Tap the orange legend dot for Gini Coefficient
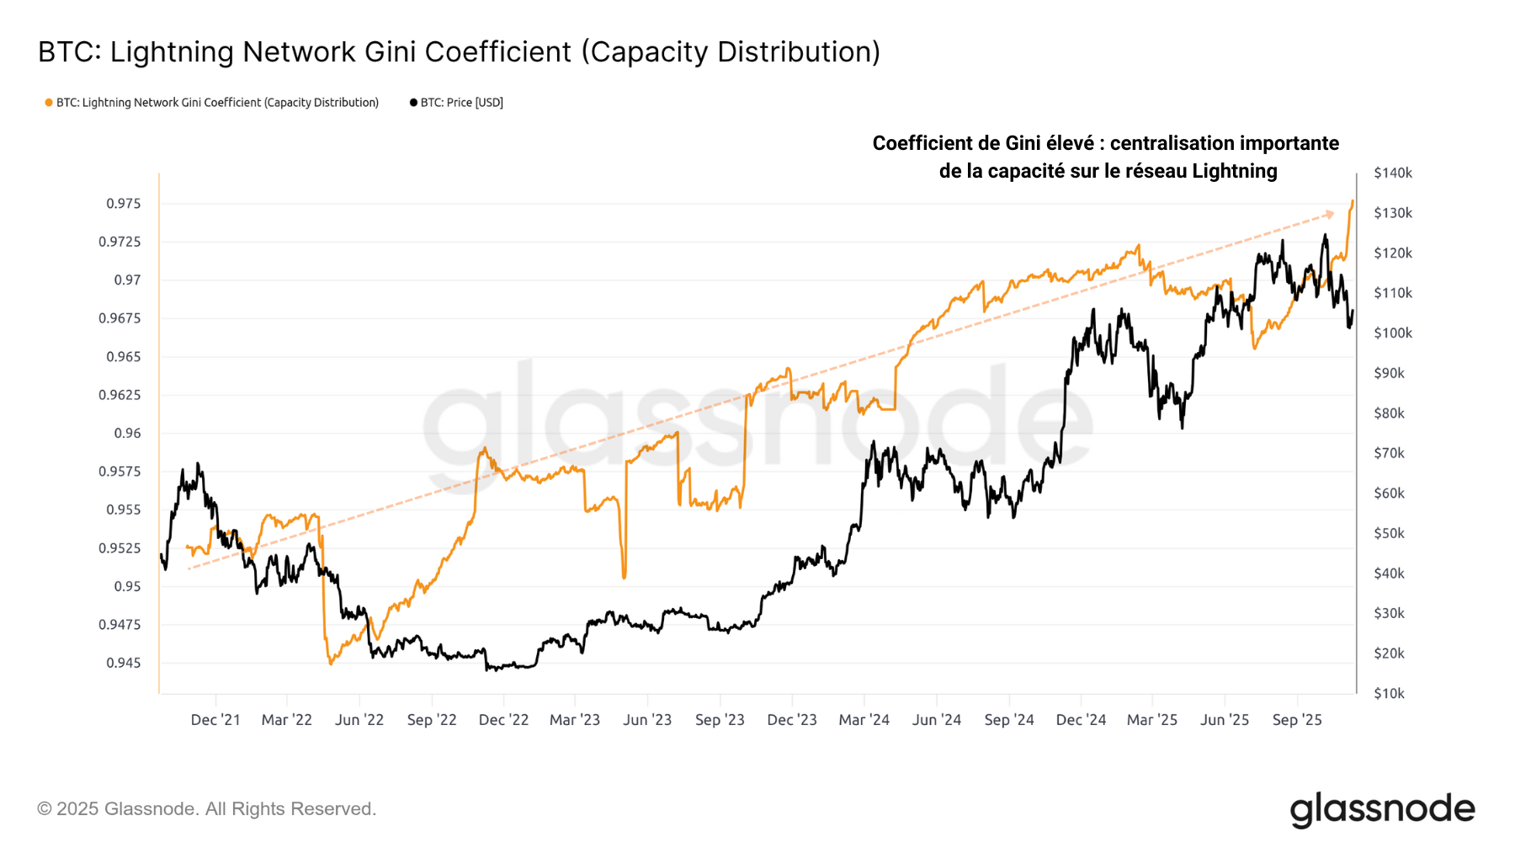(49, 103)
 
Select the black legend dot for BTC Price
(413, 103)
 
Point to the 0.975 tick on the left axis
(124, 204)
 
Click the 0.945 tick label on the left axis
(124, 664)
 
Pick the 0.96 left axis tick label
(128, 434)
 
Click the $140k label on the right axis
(1393, 173)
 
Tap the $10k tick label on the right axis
(1389, 694)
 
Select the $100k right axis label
(1393, 333)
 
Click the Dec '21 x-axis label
(215, 720)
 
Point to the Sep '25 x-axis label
(1297, 720)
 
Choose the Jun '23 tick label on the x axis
(647, 720)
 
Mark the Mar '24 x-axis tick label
(864, 720)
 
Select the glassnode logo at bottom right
(1382, 809)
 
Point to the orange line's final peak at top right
(1353, 201)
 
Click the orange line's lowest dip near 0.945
(331, 664)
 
